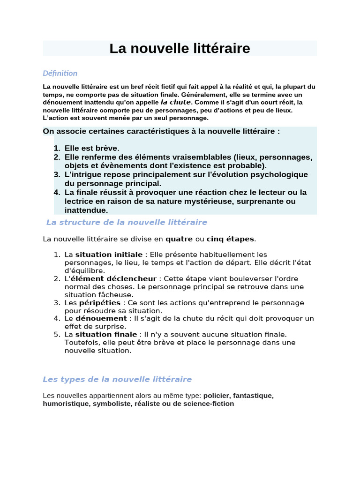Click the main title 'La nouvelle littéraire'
[180, 48]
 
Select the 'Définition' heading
[60, 73]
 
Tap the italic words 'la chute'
[176, 102]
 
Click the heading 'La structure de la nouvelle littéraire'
[127, 222]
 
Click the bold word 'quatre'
[179, 239]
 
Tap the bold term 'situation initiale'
[109, 255]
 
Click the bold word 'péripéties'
[100, 303]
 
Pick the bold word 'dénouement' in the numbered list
[101, 319]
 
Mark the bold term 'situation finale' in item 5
[106, 335]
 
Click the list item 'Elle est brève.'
[92, 148]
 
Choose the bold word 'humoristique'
[65, 404]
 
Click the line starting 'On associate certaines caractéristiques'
[161, 131]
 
